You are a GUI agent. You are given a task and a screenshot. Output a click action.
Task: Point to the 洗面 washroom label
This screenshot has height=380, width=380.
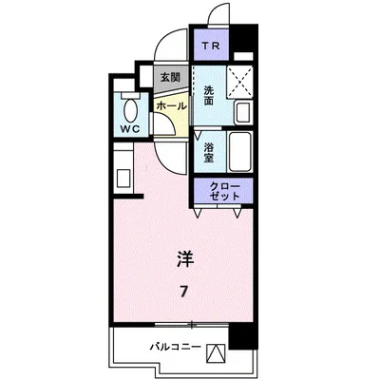209,93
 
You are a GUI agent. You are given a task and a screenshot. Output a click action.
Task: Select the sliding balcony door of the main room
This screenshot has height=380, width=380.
171,326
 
